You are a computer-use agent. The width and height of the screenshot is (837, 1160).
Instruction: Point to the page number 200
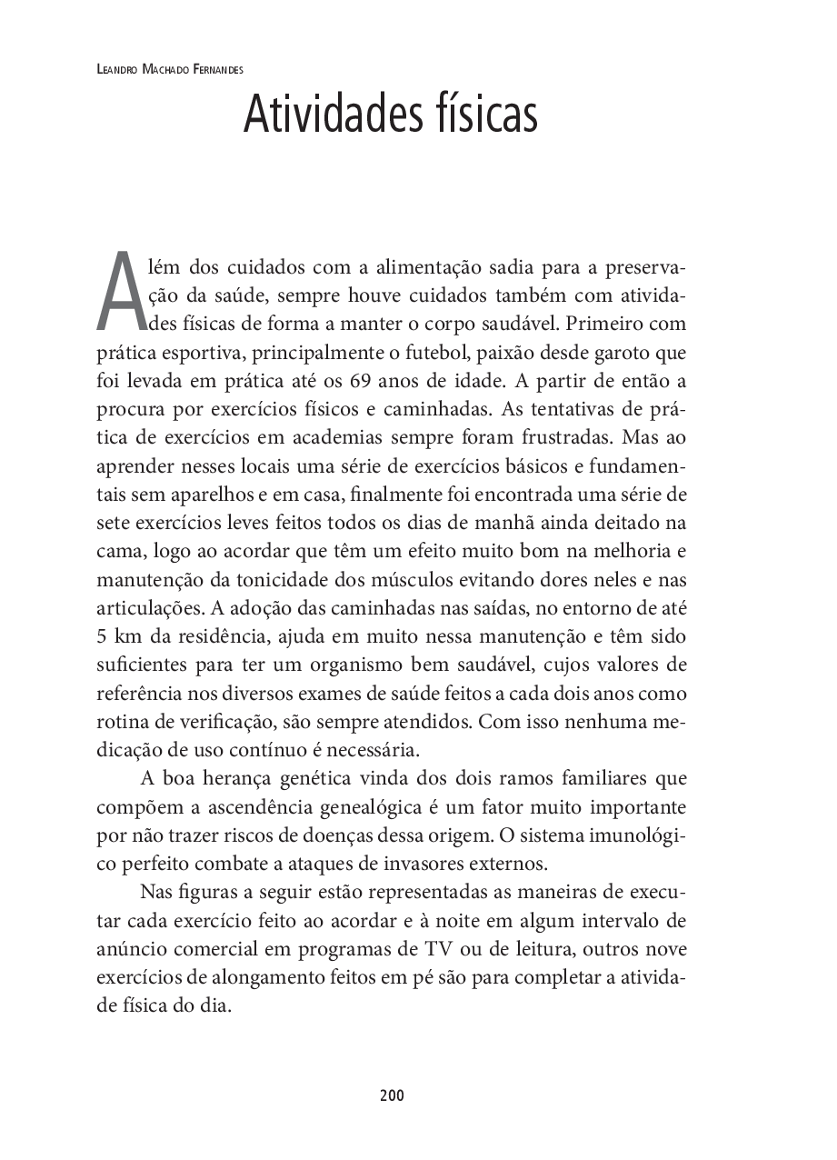[392, 1095]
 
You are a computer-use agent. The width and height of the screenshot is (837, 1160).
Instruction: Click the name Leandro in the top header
[115, 68]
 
